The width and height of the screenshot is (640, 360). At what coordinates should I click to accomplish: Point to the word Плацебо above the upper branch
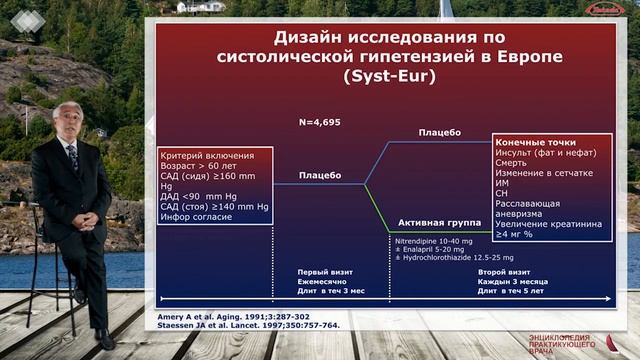440,133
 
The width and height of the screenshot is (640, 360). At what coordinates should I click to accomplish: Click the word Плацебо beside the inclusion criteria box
320,176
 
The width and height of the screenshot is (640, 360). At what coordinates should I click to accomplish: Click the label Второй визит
506,272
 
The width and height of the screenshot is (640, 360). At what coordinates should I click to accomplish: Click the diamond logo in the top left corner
22,16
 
